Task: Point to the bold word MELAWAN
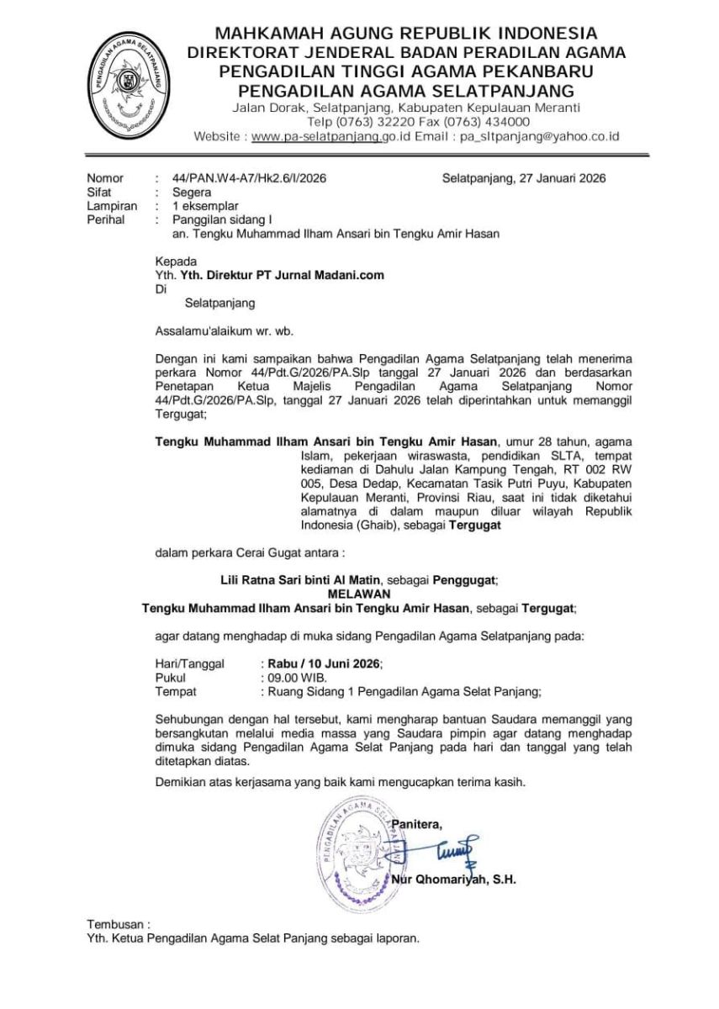point(360,593)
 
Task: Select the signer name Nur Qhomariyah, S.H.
point(453,880)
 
